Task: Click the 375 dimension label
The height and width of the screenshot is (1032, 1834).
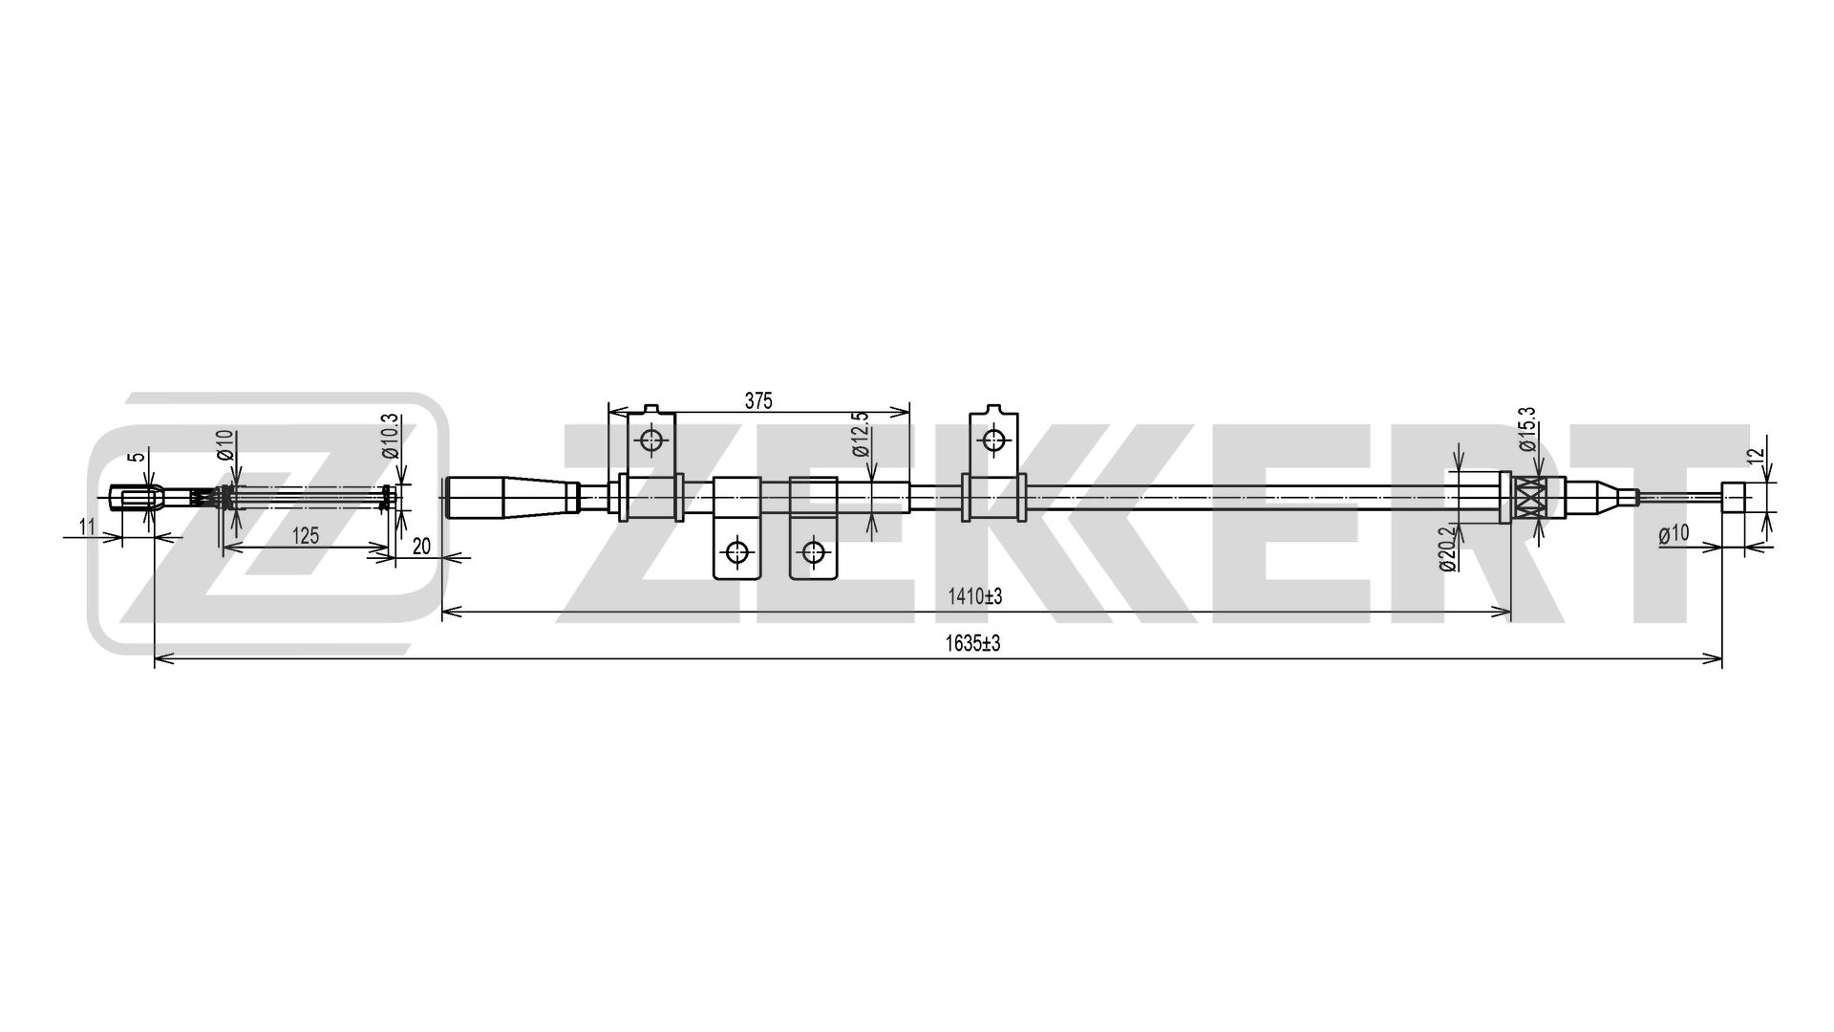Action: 757,401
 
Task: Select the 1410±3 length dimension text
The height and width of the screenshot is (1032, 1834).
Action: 974,597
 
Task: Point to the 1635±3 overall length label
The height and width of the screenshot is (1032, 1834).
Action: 972,644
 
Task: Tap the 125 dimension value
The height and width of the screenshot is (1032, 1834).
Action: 305,536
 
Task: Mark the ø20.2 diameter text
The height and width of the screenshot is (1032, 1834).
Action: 1446,547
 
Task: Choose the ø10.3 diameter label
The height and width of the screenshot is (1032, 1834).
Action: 390,436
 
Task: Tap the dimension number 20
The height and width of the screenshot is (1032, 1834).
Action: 421,547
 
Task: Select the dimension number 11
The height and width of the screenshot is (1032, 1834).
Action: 87,526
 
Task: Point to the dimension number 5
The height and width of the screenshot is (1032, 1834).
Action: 140,457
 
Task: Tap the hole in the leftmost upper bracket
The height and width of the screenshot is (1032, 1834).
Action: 651,441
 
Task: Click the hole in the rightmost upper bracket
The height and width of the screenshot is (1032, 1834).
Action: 994,441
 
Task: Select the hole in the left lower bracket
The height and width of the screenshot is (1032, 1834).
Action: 736,551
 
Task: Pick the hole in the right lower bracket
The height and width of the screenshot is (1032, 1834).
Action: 813,551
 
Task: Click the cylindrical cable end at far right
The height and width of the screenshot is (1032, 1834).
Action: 1734,498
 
